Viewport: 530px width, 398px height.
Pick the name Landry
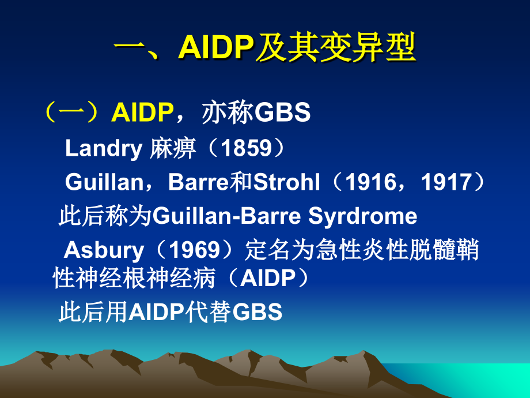pos(103,149)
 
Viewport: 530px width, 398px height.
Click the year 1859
pos(246,149)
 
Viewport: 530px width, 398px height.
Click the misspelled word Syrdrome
pos(363,216)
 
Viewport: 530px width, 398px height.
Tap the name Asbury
pos(104,250)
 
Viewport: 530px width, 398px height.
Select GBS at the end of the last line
pos(257,312)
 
